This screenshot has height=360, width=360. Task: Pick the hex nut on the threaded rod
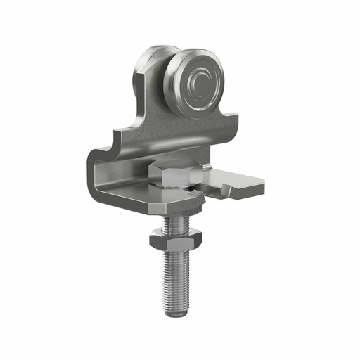[x=175, y=242]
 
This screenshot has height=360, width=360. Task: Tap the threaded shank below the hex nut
[x=177, y=278]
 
